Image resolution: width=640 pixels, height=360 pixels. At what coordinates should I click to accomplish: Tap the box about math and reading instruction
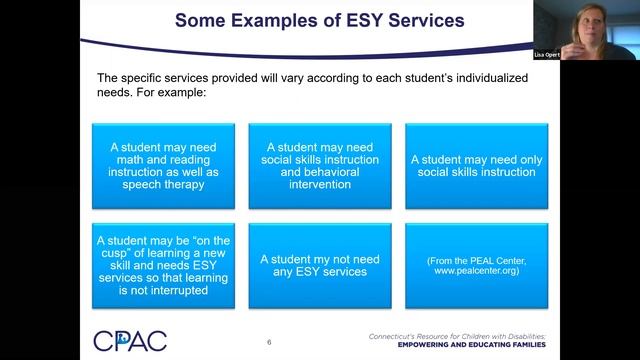[x=164, y=164]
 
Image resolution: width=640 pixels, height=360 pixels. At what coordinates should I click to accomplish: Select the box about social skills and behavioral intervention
[x=320, y=164]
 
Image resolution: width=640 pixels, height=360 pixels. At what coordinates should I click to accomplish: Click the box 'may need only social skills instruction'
[x=476, y=164]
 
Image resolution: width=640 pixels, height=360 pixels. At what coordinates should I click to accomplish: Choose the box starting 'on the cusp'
[x=164, y=264]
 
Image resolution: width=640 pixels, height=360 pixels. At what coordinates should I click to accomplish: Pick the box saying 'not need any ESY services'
[x=320, y=264]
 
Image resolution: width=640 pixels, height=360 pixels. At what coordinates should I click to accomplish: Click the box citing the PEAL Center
[x=476, y=264]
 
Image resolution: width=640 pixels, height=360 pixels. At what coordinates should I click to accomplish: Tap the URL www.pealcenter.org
[x=476, y=270]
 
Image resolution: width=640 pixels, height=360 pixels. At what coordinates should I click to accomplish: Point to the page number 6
[x=269, y=342]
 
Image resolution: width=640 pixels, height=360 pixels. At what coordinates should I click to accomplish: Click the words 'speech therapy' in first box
[x=164, y=184]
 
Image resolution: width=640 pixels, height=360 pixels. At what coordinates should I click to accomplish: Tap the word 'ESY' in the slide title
[x=350, y=19]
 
